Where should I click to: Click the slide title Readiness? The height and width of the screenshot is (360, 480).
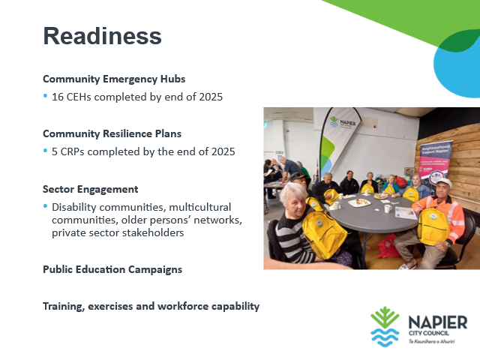point(102,36)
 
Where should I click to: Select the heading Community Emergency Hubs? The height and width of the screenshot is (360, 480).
point(114,79)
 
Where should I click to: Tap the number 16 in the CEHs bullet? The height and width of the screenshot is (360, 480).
point(58,97)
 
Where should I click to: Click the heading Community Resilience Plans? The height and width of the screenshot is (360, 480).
point(112,133)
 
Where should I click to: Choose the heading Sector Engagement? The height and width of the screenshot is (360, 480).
point(90,189)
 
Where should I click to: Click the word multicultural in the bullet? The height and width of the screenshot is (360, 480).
point(200,207)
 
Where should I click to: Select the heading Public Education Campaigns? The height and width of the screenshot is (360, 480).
point(112,269)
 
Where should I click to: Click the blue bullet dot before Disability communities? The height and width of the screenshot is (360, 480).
point(46,206)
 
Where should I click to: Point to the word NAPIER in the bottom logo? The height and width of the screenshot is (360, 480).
point(438,322)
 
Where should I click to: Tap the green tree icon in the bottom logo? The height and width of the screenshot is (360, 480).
point(385,317)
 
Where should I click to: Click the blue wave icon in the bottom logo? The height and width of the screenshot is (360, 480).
point(385,337)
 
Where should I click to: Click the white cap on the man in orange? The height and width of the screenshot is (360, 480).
point(444,182)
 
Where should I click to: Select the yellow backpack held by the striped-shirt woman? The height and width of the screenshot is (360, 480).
point(325,234)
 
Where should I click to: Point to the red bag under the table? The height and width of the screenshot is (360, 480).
point(388,246)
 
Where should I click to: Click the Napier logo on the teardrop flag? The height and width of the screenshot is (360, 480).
point(343,122)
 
